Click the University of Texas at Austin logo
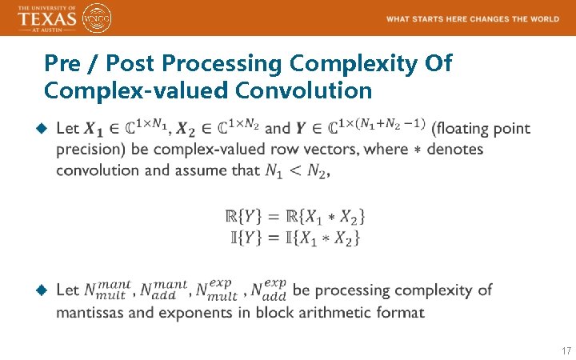pos(46,18)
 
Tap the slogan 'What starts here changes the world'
pos(472,19)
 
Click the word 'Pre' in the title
pos(62,62)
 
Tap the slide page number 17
pos(566,351)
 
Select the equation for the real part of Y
pos(296,216)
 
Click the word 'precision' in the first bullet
pos(89,150)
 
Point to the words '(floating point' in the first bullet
pos(480,129)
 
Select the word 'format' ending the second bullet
pos(403,312)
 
